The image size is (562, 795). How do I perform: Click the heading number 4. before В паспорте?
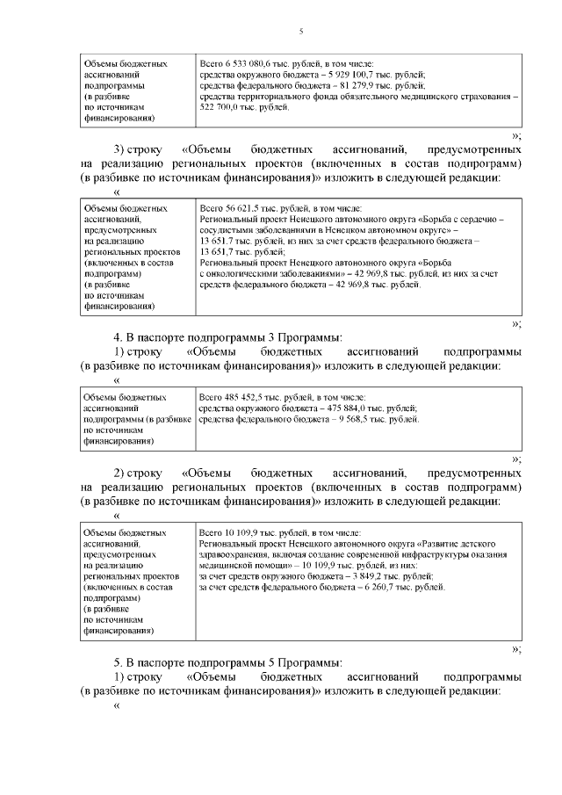[118, 337]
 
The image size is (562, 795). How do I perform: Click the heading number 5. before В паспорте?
[118, 662]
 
